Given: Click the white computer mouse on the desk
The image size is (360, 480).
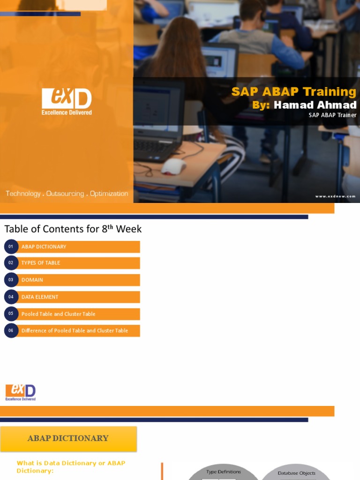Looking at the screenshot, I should [173, 166].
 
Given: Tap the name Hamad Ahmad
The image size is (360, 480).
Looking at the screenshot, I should [315, 105].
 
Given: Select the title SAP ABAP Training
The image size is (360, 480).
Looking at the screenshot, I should [293, 91].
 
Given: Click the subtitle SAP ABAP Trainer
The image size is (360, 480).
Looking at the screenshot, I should [332, 115].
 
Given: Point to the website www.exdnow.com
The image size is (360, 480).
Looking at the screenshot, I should [335, 196].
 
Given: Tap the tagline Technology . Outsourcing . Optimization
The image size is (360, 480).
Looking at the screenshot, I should [67, 194].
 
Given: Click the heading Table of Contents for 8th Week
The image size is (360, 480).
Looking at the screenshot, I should [73, 229].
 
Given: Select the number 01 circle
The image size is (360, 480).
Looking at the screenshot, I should [11, 247].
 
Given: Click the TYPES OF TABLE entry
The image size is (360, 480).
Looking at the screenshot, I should [41, 263].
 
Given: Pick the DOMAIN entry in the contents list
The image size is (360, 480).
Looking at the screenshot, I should [32, 280].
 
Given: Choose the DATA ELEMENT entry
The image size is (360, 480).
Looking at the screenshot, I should [40, 297].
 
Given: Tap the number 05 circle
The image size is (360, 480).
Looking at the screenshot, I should [11, 314].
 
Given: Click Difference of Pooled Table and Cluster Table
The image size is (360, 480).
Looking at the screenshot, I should [75, 330].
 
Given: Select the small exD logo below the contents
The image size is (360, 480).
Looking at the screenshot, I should [21, 392].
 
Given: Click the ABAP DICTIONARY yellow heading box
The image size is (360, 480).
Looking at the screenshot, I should [68, 438].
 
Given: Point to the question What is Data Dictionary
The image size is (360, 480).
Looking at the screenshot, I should [71, 466].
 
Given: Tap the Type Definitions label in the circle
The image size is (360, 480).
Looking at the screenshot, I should [224, 472].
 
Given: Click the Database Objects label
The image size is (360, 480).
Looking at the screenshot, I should [297, 473].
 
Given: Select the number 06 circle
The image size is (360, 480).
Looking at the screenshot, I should [11, 330].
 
